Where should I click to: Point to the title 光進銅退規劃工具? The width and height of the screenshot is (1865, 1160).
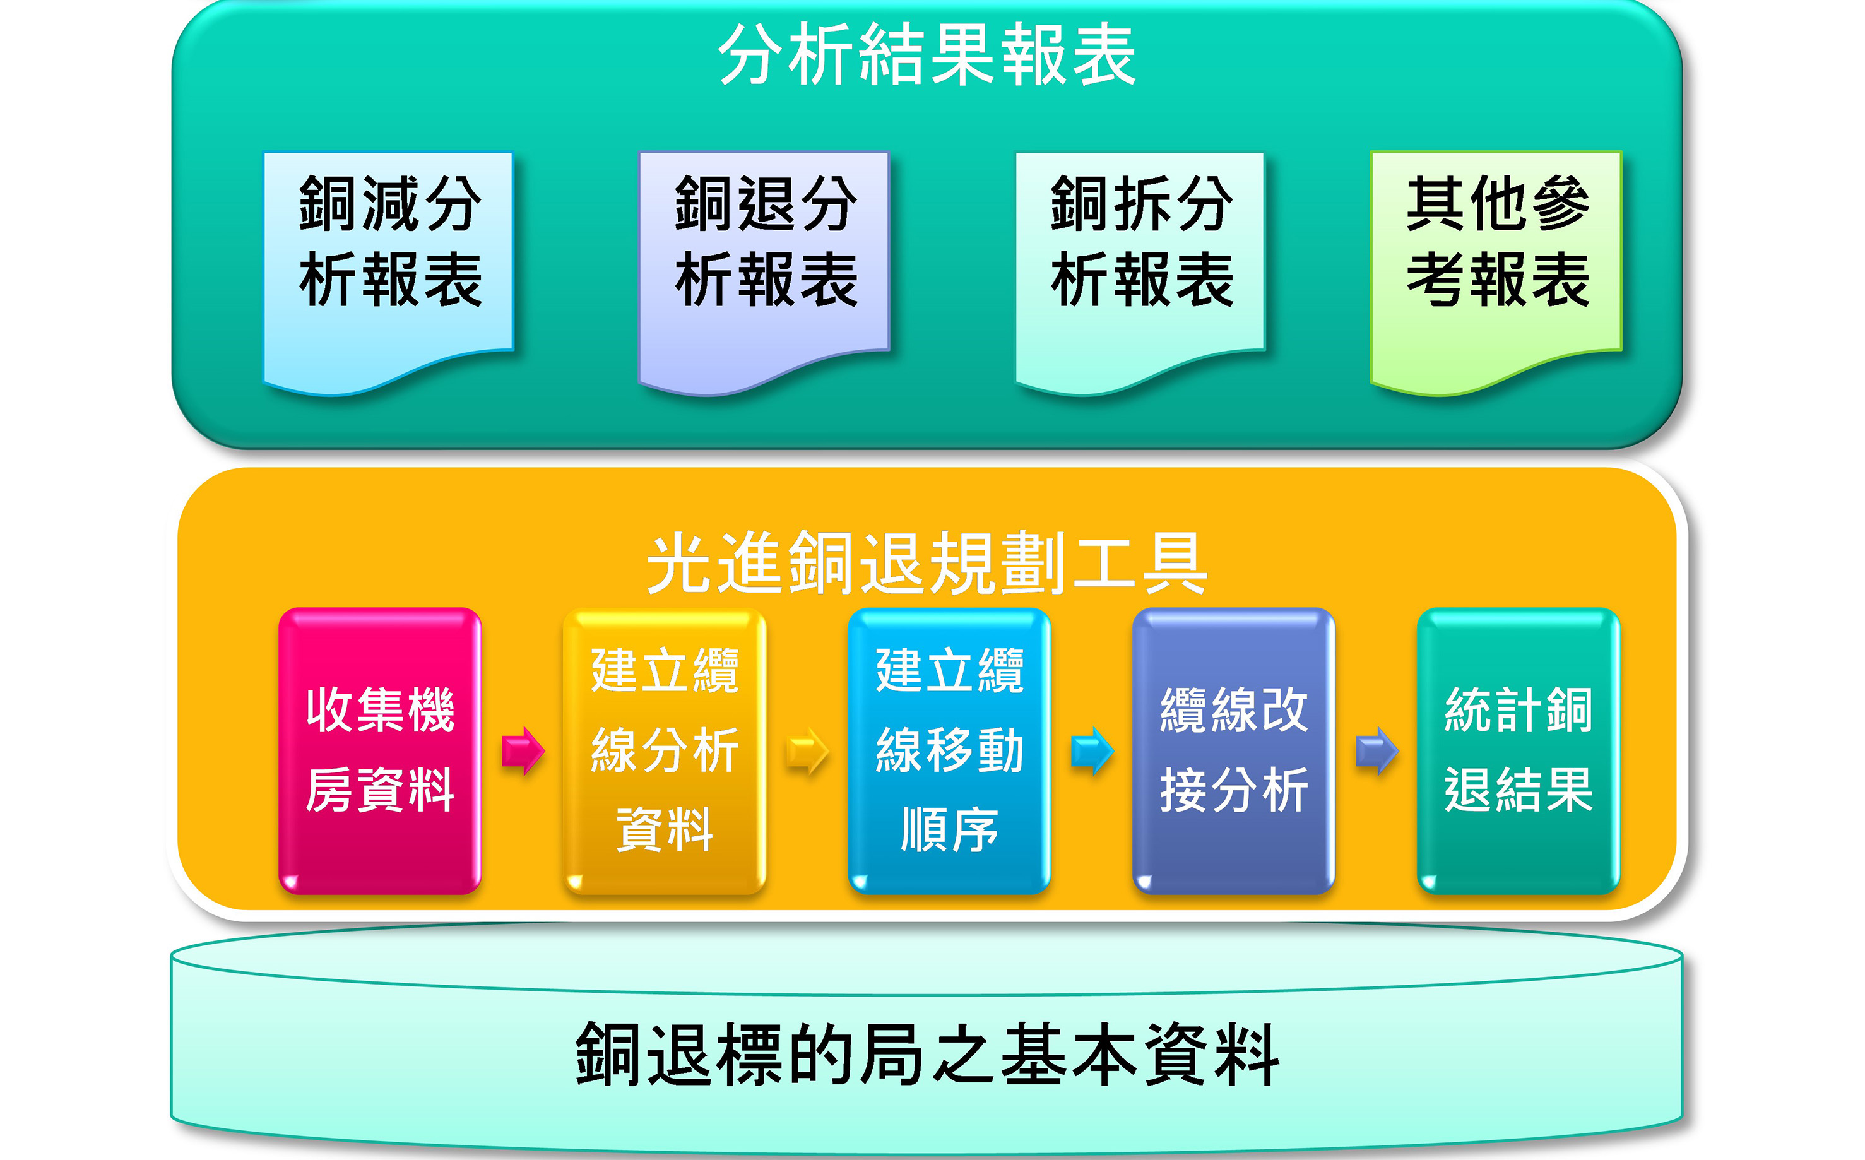point(927,562)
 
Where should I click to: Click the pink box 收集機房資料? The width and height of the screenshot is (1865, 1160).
point(380,750)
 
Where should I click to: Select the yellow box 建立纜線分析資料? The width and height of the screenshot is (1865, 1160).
point(665,750)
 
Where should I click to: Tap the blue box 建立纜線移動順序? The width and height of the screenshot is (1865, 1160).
point(949,750)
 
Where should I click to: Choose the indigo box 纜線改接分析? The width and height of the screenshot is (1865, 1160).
point(1234,750)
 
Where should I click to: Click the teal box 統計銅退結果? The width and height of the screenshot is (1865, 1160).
point(1519,750)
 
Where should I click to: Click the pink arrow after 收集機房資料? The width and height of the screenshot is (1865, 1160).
point(523,750)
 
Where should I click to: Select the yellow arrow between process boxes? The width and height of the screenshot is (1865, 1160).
point(808,750)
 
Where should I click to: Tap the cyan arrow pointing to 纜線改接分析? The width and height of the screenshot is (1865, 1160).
point(1092,750)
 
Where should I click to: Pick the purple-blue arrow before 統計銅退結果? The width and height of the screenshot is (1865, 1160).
point(1377,750)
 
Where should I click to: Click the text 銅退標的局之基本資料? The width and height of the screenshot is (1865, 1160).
point(927,1054)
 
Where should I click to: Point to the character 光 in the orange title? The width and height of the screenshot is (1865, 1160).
point(680,562)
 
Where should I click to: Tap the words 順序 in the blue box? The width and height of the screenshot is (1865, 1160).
point(949,829)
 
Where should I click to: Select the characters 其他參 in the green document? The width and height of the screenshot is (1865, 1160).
point(1497,203)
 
